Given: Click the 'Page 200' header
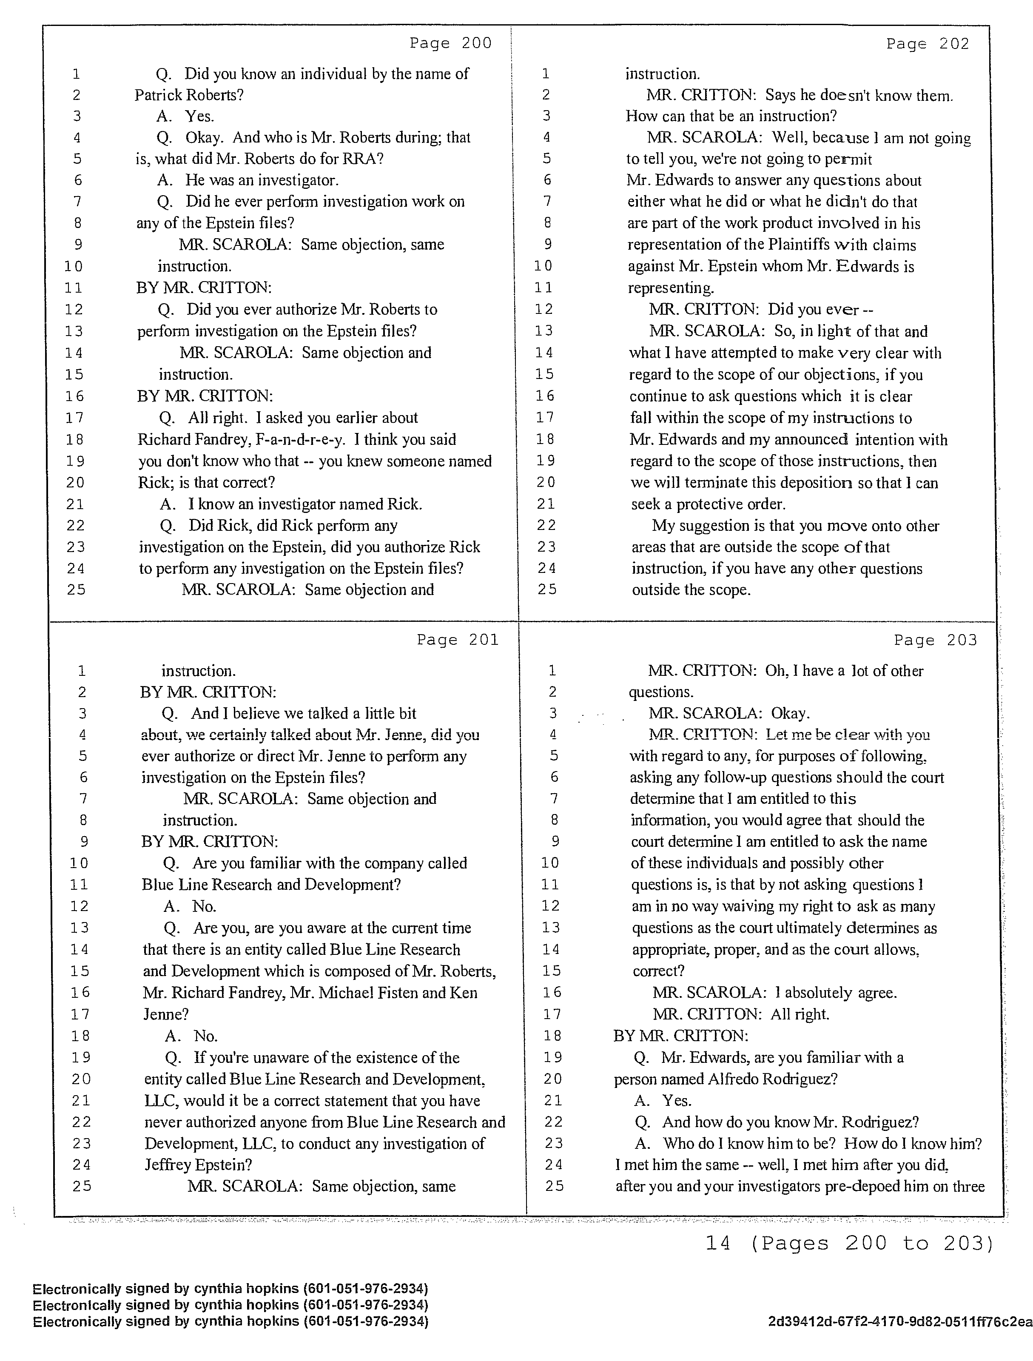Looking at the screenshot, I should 450,43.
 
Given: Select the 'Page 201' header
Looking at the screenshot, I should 457,640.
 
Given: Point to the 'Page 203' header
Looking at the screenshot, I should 935,641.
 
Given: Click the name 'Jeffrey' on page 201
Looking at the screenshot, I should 168,1165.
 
